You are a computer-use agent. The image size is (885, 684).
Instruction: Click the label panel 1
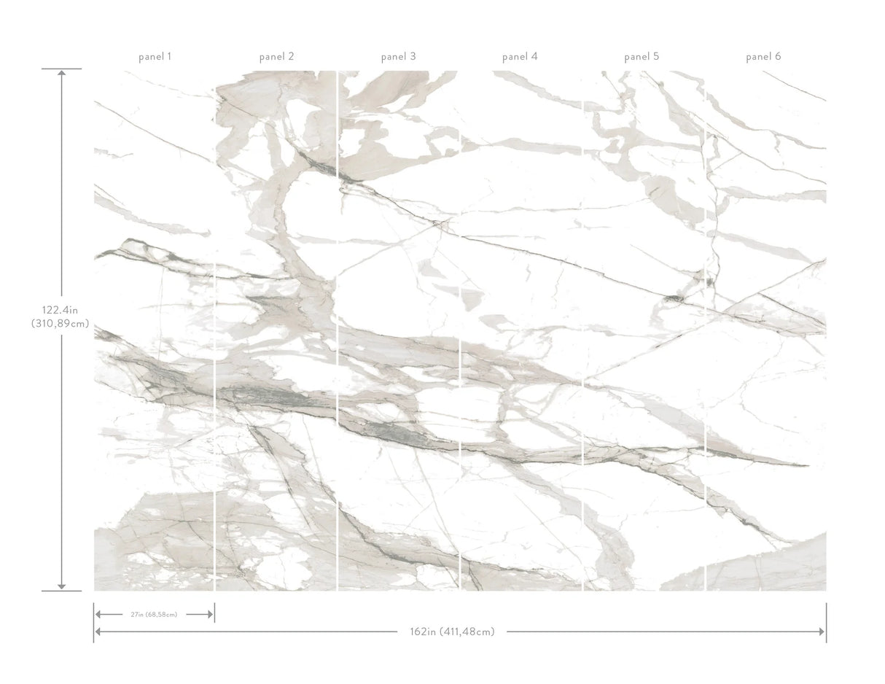click(x=155, y=56)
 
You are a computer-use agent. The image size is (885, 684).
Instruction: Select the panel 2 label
click(x=277, y=56)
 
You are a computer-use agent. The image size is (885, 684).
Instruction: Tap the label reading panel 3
click(x=399, y=56)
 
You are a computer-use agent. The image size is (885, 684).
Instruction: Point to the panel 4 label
click(x=520, y=56)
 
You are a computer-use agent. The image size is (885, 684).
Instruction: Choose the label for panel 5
click(x=642, y=56)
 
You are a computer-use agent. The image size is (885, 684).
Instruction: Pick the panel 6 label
click(x=763, y=56)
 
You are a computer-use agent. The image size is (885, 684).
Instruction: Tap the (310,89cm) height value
click(x=61, y=324)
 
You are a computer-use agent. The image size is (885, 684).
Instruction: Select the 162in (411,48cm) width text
click(x=452, y=631)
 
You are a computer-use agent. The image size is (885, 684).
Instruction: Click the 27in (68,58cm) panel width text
click(x=154, y=615)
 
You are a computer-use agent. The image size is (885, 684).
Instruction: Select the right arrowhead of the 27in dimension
click(x=210, y=615)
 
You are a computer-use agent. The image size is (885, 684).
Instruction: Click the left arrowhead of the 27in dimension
click(x=98, y=615)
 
